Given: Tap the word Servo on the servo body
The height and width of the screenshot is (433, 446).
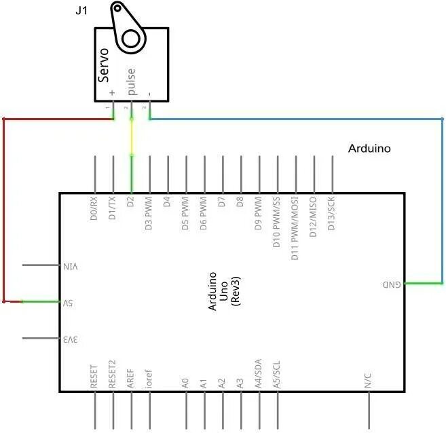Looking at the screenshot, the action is (x=104, y=66).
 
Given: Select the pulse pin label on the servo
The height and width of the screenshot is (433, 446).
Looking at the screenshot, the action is (x=131, y=81).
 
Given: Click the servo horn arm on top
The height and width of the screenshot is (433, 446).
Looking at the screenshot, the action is (x=128, y=27).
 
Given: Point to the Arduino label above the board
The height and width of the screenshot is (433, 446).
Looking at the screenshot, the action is (x=369, y=148).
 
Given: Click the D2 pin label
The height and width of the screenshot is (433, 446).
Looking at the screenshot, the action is (x=131, y=202).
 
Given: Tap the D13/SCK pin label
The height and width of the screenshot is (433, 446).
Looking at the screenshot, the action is (x=332, y=214).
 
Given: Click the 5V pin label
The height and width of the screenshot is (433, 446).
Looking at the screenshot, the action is (x=70, y=302).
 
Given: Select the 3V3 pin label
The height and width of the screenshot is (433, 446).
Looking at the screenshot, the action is (x=71, y=338).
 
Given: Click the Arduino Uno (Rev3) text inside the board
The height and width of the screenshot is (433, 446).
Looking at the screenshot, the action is (x=224, y=292).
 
